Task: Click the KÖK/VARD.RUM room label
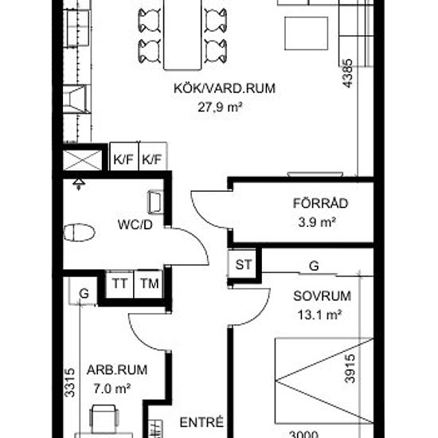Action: point(225,88)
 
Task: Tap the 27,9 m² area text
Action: point(220,107)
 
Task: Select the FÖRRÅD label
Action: point(320,203)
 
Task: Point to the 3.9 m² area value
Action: point(317,223)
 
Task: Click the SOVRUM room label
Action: point(322,296)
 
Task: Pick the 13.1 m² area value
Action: point(320,315)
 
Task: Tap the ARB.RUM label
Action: point(117,370)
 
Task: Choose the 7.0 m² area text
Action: point(112,389)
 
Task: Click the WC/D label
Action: point(135,225)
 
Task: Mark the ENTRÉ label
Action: point(201,422)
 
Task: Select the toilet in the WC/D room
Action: point(80,233)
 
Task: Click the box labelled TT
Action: point(119,284)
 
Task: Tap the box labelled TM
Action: point(148,284)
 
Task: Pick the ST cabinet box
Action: point(242,264)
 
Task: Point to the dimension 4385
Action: point(348,73)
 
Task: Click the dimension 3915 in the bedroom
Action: point(350,369)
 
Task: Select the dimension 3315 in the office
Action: point(69,382)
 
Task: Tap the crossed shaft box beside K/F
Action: point(82,160)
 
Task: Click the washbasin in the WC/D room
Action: point(155,202)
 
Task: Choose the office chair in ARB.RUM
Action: point(104,420)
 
